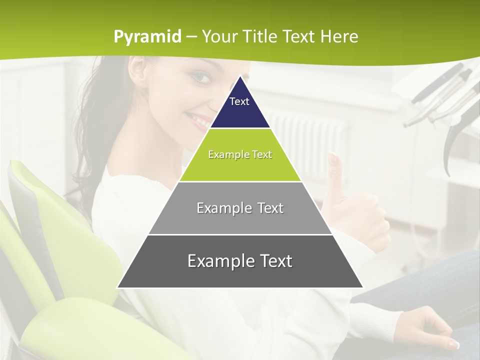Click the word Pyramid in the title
click(x=147, y=37)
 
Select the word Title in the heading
click(x=261, y=37)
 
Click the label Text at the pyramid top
click(x=239, y=101)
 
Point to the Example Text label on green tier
click(x=240, y=154)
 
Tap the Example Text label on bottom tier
click(x=240, y=261)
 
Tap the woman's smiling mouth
click(x=198, y=120)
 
